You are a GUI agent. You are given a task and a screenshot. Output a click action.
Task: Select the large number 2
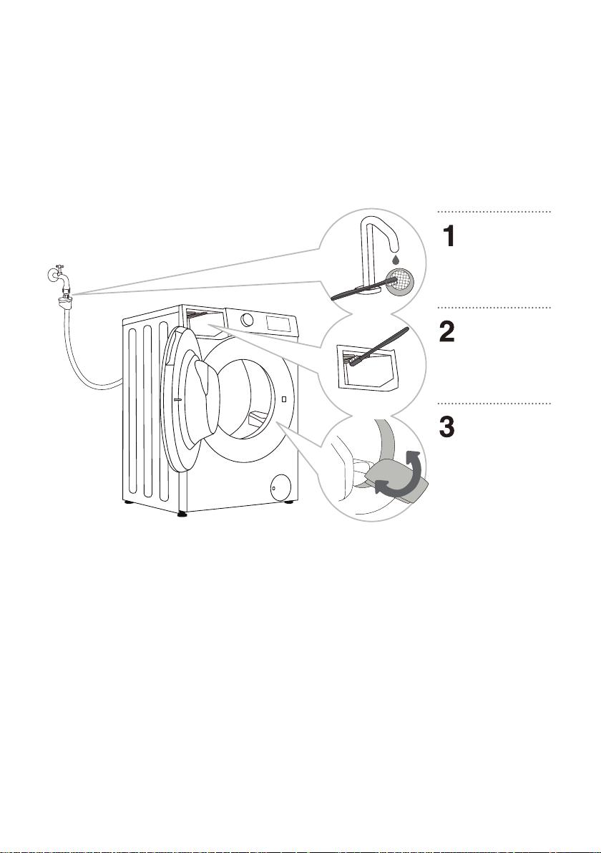click(447, 331)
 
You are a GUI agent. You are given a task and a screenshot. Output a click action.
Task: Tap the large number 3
click(447, 428)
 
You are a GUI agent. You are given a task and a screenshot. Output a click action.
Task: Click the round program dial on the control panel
click(247, 319)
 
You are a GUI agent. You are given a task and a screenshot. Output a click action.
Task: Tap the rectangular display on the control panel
click(280, 323)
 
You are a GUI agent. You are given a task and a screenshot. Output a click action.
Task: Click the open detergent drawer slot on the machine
click(205, 321)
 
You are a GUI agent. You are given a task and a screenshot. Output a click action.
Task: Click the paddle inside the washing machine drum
click(256, 419)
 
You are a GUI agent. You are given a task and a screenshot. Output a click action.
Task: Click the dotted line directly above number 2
click(494, 308)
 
